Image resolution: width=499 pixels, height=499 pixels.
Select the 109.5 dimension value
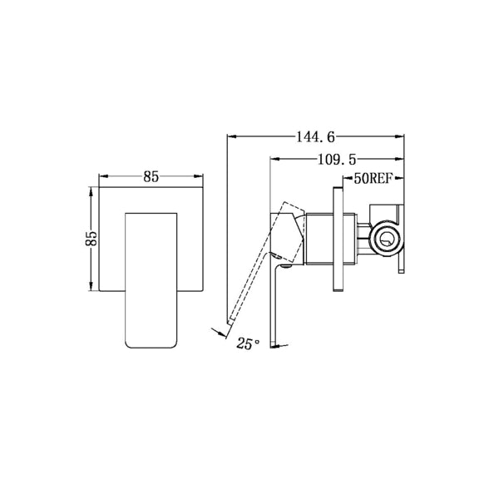[x=336, y=156]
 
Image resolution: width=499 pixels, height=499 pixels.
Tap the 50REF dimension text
[x=373, y=178]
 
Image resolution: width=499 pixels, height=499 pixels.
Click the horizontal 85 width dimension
[x=151, y=176]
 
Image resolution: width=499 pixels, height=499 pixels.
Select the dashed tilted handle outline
[x=258, y=266]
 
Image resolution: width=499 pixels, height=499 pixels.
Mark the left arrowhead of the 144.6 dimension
[x=231, y=134]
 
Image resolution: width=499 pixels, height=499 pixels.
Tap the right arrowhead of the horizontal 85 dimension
[x=200, y=175]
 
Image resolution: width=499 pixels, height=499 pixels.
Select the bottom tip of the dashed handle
[x=229, y=327]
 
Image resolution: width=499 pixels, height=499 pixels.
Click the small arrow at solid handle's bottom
[x=284, y=343]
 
